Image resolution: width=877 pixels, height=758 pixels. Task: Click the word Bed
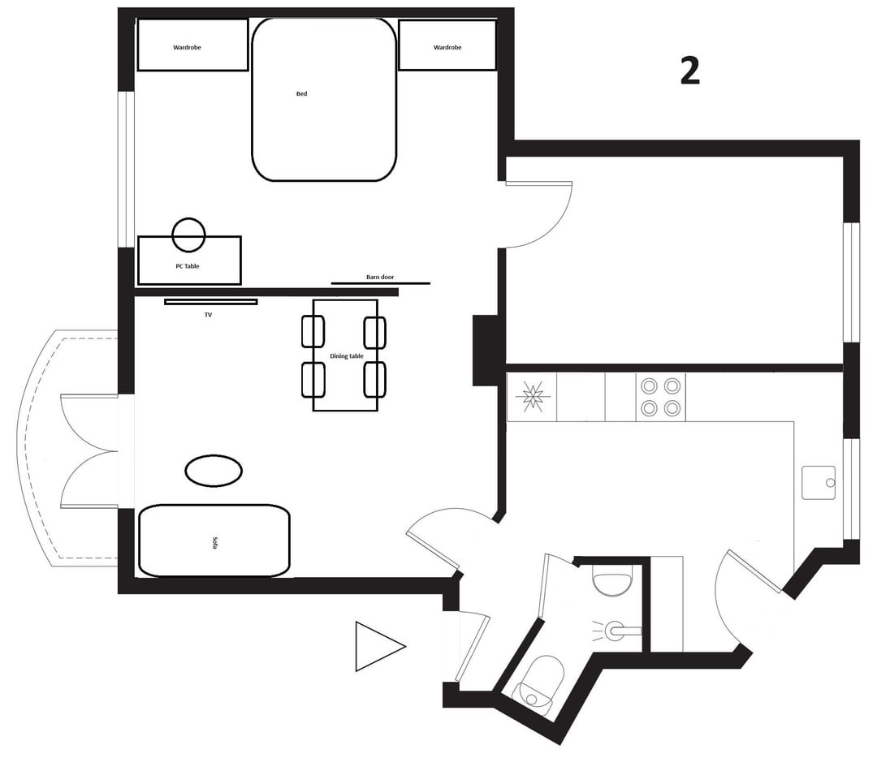pos(301,94)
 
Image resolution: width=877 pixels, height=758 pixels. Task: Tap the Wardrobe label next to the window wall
pos(187,48)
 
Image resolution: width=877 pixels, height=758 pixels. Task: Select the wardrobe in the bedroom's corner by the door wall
pos(447,45)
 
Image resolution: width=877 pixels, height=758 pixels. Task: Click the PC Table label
pos(188,266)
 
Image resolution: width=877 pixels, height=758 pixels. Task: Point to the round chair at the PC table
pos(188,235)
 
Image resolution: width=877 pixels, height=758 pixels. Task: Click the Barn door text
pos(380,278)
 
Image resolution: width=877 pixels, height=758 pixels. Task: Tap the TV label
pos(208,315)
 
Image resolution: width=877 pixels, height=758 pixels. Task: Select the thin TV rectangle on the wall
pos(211,302)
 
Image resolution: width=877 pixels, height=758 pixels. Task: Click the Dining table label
pos(346,356)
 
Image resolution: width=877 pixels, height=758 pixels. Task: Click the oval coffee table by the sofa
pos(213,471)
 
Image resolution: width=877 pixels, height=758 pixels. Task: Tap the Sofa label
pos(214,543)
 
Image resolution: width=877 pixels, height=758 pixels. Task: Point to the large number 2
pos(689,71)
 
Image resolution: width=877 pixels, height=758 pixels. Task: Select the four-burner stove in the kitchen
pos(660,398)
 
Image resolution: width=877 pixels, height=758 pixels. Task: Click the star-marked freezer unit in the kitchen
pos(532,398)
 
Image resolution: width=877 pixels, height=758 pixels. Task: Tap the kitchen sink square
pos(819,482)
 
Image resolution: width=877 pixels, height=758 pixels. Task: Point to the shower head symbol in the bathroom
pos(618,631)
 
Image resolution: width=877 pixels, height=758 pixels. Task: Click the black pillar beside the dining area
pos(485,351)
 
